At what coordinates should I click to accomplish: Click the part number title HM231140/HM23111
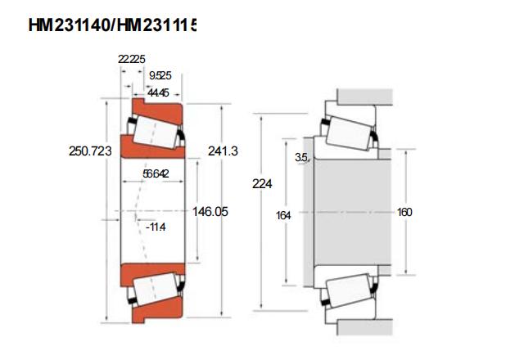pyautogui.click(x=112, y=25)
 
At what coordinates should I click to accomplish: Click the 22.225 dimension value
pyautogui.click(x=131, y=59)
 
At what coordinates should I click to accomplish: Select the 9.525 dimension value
pyautogui.click(x=160, y=76)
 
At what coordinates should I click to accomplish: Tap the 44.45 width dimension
pyautogui.click(x=158, y=92)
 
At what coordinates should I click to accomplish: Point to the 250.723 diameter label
pyautogui.click(x=90, y=151)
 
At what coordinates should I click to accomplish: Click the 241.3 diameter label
pyautogui.click(x=223, y=151)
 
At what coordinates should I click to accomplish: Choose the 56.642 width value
pyautogui.click(x=156, y=173)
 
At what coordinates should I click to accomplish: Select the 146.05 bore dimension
pyautogui.click(x=210, y=211)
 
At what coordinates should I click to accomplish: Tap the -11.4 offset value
pyautogui.click(x=156, y=227)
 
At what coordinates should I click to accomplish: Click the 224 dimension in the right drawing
pyautogui.click(x=262, y=183)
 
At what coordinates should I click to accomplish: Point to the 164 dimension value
pyautogui.click(x=283, y=216)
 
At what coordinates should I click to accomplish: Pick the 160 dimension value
pyautogui.click(x=404, y=212)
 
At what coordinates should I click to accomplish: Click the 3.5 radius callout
pyautogui.click(x=301, y=157)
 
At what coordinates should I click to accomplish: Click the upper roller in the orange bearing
pyautogui.click(x=155, y=133)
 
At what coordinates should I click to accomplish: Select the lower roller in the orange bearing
pyautogui.click(x=155, y=289)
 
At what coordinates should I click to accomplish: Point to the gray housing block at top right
pyautogui.click(x=364, y=97)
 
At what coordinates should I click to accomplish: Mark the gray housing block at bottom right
pyautogui.click(x=364, y=327)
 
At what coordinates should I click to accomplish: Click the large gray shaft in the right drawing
pyautogui.click(x=353, y=212)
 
